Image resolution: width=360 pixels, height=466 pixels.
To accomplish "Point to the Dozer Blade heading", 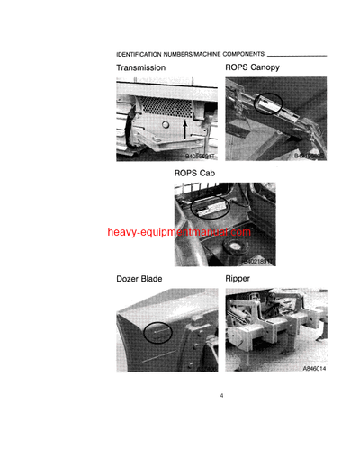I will coord(139,279).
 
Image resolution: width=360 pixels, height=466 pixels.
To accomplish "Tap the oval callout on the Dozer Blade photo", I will coord(158,333).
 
